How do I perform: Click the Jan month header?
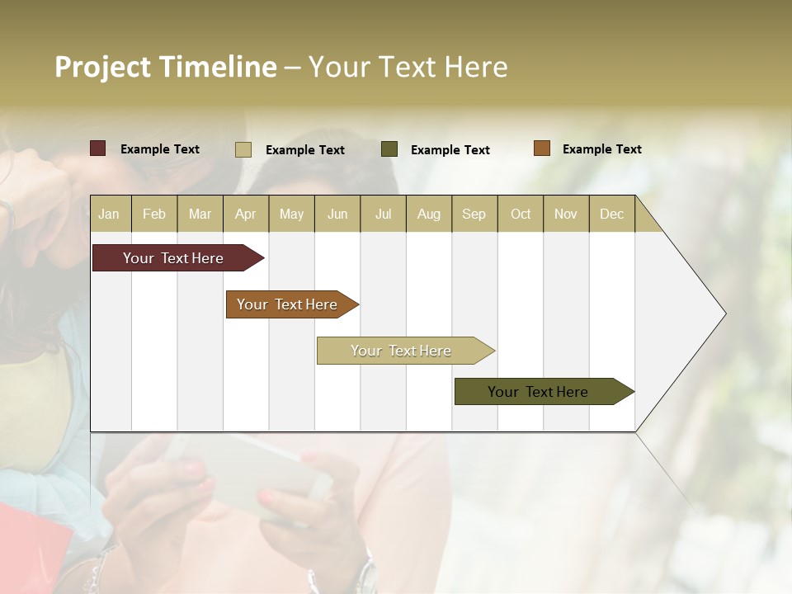pos(109,214)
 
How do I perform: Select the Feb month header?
pos(154,214)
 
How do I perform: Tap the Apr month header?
pos(245,214)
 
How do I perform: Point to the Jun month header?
pos(337,214)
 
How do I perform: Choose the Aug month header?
pos(428,214)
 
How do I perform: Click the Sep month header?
pos(474,214)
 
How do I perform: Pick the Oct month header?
pos(520,214)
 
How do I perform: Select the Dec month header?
pos(611,214)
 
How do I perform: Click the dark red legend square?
pos(98,148)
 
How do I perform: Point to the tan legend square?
pos(243,149)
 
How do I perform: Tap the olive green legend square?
pos(389,149)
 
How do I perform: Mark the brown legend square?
pos(541,148)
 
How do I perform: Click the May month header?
pos(291,214)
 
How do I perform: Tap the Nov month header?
pos(565,214)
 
